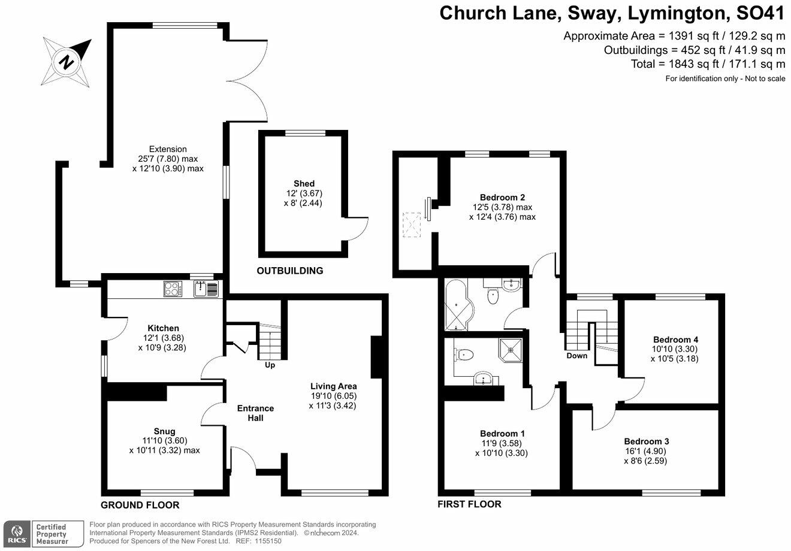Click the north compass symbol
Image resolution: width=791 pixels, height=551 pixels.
pos(67,62)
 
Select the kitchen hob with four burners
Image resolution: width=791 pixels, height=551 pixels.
pos(173,289)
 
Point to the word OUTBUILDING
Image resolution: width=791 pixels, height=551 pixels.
pos(290,271)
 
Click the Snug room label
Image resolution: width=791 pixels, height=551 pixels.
pos(164,431)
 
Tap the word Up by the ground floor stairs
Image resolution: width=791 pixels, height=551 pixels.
pos(270,365)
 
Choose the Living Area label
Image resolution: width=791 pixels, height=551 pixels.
pos(334,386)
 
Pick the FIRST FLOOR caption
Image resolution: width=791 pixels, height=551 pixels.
pos(469,504)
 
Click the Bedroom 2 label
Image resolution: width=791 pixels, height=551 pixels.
pos(502,198)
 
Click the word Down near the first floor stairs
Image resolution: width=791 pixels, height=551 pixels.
pos(577,356)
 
